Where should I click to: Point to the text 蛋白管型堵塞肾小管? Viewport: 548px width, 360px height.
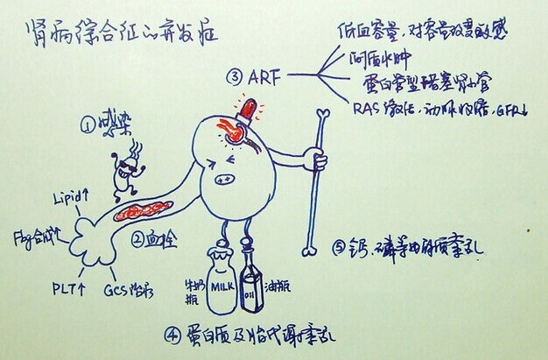coord(426,84)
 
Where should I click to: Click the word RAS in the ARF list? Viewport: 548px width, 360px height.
coord(368,109)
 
